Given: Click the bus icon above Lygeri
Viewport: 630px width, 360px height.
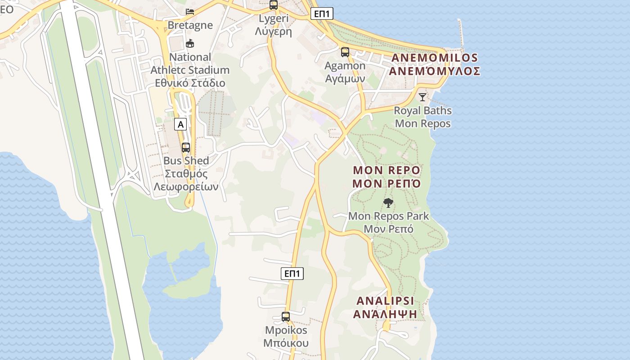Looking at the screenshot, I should [273, 5].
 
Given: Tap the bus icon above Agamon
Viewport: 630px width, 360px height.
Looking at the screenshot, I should [345, 52].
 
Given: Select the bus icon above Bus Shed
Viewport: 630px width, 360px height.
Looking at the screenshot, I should [186, 147].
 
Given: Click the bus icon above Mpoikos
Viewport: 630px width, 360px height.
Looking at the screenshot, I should [286, 317].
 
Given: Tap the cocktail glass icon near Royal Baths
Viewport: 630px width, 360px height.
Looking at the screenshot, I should [422, 97].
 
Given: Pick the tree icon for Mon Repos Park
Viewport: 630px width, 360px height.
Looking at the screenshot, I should [388, 203].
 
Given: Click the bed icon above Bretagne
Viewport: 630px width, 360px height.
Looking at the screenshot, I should [190, 11].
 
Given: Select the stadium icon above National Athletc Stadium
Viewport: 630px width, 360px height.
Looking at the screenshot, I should [190, 44].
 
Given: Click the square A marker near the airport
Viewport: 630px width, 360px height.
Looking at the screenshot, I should [180, 125].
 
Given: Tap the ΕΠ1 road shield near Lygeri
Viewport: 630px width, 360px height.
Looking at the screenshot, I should [322, 14].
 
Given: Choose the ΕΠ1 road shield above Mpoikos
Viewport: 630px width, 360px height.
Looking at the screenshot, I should [292, 274].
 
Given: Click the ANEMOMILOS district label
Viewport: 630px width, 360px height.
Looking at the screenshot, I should [435, 58].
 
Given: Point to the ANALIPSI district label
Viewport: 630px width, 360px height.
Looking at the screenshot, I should [385, 301].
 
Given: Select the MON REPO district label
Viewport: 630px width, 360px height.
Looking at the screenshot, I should [387, 171].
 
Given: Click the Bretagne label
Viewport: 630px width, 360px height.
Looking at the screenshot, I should [190, 25].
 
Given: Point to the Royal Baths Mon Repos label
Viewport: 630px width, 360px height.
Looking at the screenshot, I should [423, 117].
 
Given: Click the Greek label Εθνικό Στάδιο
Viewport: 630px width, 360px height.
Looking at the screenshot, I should [190, 83].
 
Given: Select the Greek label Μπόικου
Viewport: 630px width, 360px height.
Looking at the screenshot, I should [286, 343].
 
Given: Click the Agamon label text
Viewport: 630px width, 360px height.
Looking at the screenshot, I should [345, 66].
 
